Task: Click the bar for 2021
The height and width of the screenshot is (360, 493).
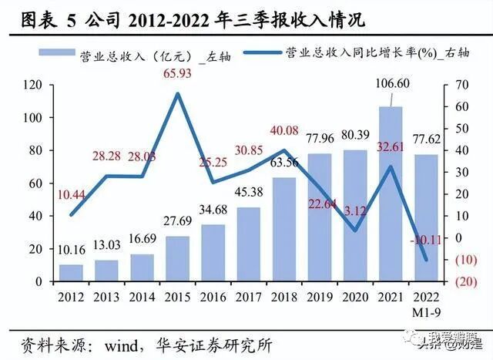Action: tap(391, 194)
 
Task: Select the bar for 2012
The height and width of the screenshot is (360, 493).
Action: tap(71, 274)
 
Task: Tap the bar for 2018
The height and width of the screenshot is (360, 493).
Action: tap(284, 230)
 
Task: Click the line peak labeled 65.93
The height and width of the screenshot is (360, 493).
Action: tap(178, 93)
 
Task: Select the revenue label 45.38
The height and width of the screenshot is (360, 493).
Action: tap(249, 193)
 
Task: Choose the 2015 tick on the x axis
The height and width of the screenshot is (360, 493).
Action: tap(178, 295)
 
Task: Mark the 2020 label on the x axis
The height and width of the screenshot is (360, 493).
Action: tap(355, 295)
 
